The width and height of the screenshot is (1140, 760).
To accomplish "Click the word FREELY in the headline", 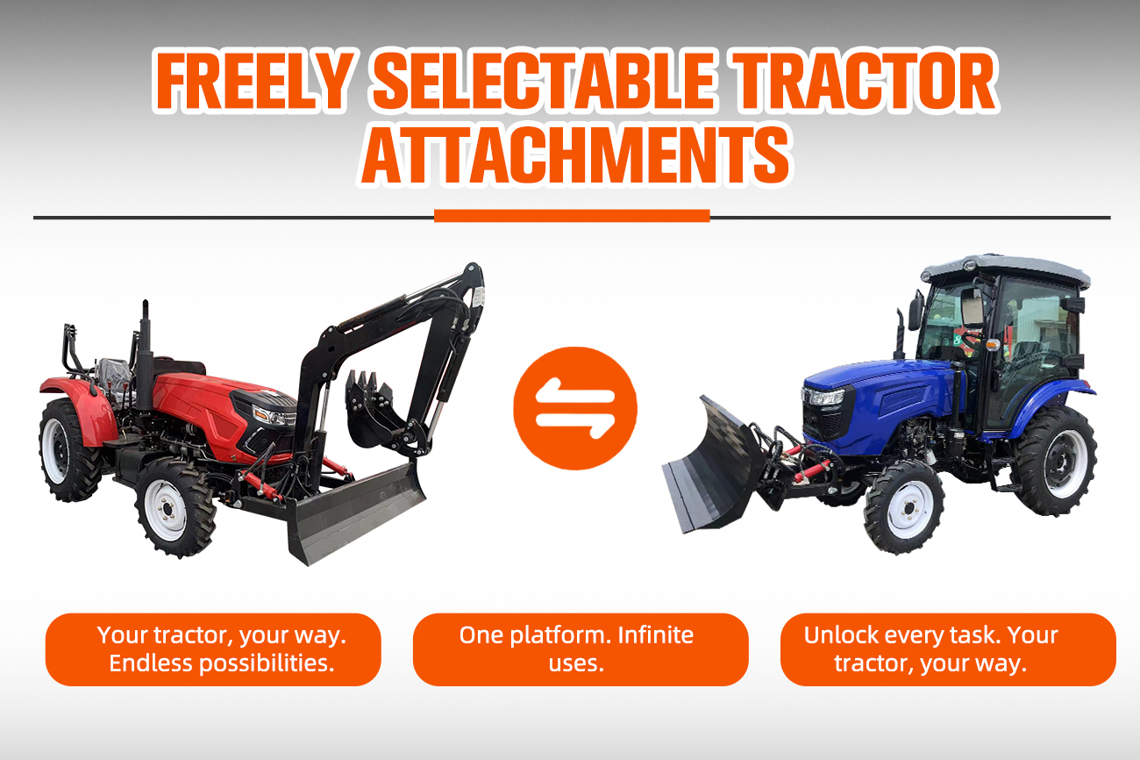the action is pyautogui.click(x=253, y=81).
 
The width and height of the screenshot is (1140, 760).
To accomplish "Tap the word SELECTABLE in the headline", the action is pyautogui.click(x=544, y=81).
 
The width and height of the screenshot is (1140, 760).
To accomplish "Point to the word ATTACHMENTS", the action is pyautogui.click(x=575, y=154).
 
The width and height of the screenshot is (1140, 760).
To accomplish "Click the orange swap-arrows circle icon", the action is pyautogui.click(x=575, y=408).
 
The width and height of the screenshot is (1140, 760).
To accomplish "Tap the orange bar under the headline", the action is pyautogui.click(x=572, y=216).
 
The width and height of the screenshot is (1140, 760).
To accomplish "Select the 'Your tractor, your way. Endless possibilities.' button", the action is pyautogui.click(x=213, y=649).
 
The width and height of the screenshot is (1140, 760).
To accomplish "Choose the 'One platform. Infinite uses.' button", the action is pyautogui.click(x=581, y=649).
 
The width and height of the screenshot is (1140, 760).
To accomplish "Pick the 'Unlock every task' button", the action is pyautogui.click(x=948, y=649).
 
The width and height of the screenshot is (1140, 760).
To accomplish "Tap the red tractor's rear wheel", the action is pyautogui.click(x=68, y=450).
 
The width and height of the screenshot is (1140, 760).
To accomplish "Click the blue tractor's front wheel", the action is pyautogui.click(x=904, y=507).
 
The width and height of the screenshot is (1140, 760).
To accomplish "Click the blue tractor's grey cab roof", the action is pyautogui.click(x=1006, y=269).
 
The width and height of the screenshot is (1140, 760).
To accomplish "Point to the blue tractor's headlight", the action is pyautogui.click(x=823, y=398).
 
